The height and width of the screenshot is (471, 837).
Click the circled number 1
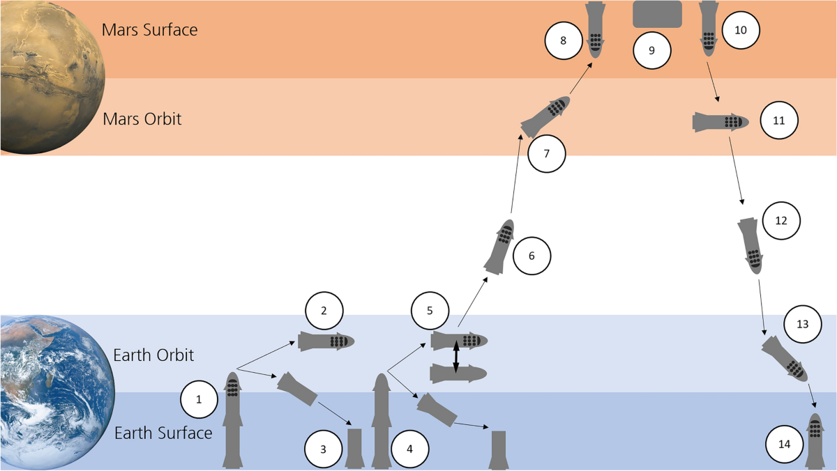(199, 400)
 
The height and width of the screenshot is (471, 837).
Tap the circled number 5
(430, 311)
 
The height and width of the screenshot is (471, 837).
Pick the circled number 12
(781, 221)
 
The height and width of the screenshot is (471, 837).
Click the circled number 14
(785, 444)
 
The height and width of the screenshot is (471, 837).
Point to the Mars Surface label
(149, 30)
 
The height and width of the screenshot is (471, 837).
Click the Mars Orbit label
(142, 119)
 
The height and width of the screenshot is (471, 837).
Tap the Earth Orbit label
(153, 355)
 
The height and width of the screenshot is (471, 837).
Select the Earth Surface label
(163, 433)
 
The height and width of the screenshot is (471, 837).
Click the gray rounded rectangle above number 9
(657, 14)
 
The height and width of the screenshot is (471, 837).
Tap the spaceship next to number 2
(326, 341)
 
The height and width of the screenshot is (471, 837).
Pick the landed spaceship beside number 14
(814, 440)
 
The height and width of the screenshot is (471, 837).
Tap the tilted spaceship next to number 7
(546, 116)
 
